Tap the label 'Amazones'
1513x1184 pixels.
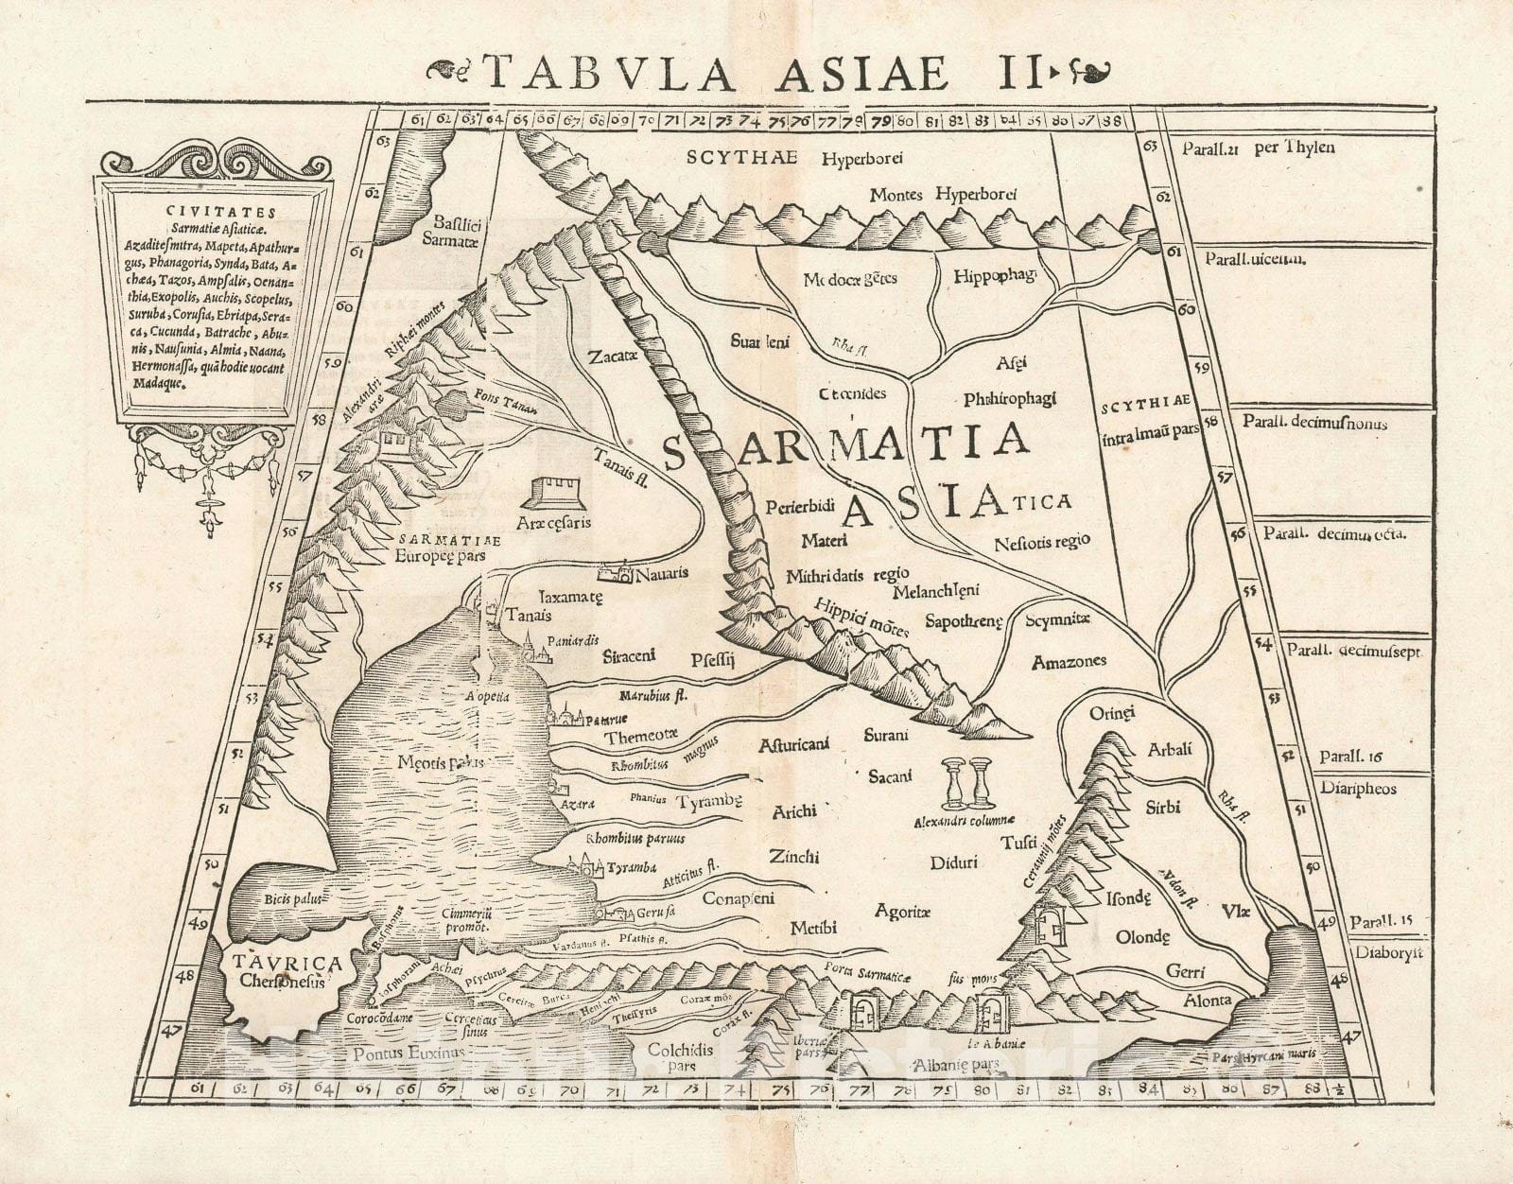coord(1069,661)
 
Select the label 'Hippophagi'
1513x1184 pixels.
coord(996,275)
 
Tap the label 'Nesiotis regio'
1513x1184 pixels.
coord(1042,543)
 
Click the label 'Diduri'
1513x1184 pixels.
coord(953,862)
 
